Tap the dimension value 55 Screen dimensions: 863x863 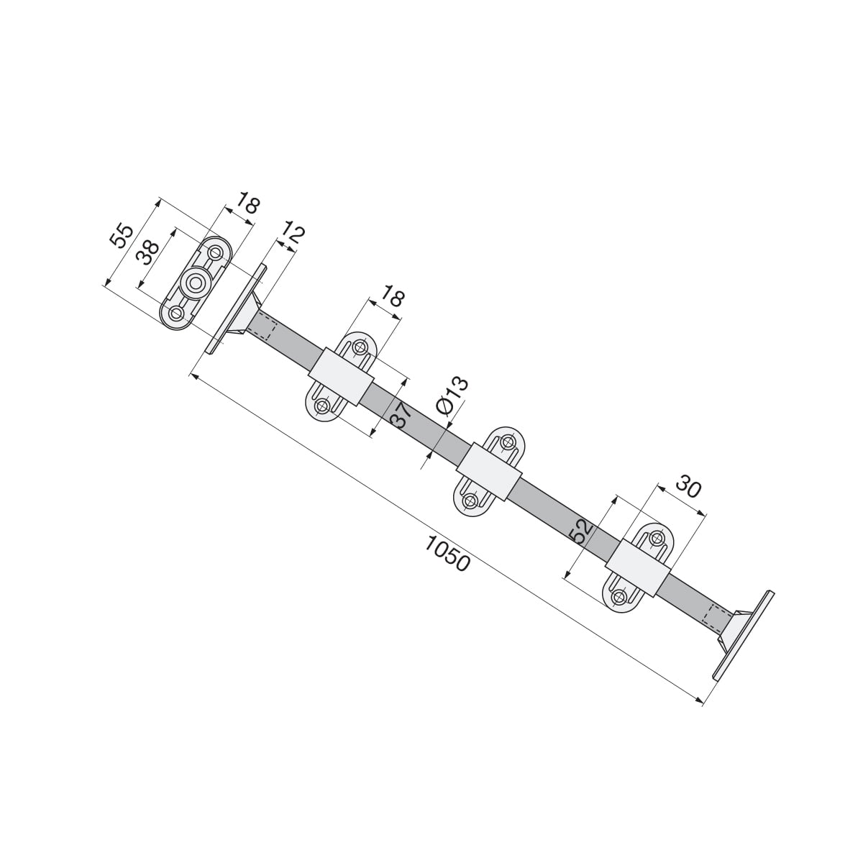tap(122, 236)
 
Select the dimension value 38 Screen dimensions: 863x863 tap(147, 252)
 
